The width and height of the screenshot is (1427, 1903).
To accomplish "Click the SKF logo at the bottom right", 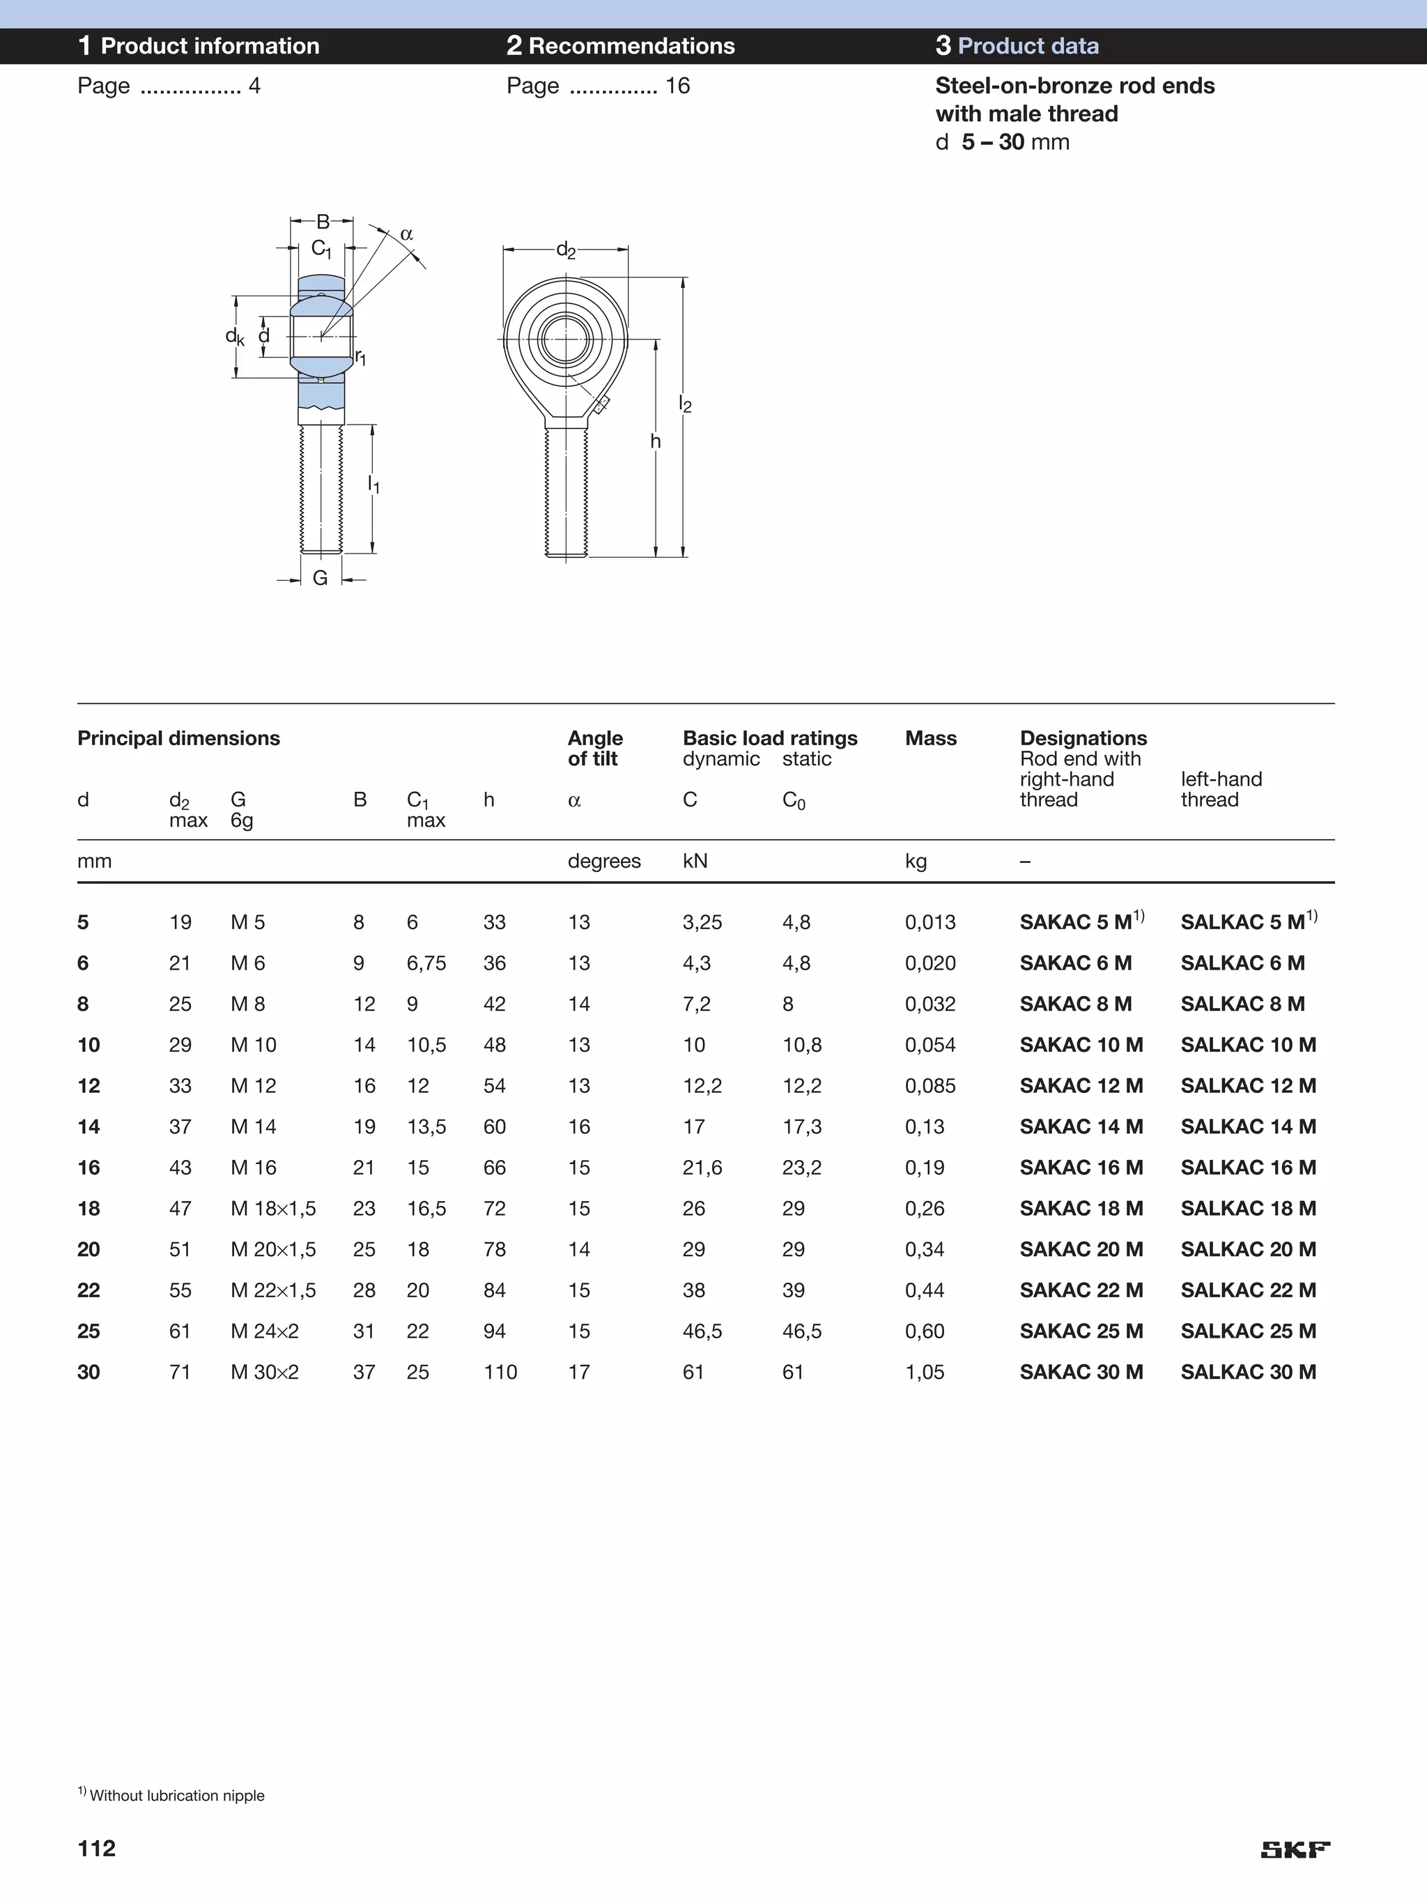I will click(x=1295, y=1849).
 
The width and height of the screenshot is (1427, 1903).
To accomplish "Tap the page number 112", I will click(x=96, y=1848).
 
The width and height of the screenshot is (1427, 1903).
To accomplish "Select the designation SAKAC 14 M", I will click(x=1081, y=1126).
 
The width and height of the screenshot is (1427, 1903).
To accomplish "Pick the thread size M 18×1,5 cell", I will click(x=272, y=1208).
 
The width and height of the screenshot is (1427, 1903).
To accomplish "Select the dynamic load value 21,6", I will click(x=702, y=1168).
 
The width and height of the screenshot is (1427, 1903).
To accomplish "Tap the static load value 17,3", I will click(x=802, y=1126).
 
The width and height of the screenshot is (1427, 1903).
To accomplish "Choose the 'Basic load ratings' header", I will click(x=770, y=737).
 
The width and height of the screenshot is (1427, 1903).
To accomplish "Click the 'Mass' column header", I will click(x=931, y=737).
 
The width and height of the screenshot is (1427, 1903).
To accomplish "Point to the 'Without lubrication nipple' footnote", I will click(x=176, y=1794).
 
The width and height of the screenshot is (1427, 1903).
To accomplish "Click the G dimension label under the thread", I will click(x=320, y=578).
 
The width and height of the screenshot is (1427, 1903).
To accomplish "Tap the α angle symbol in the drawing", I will click(x=407, y=234).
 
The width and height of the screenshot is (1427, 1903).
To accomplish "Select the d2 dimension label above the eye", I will click(x=565, y=250).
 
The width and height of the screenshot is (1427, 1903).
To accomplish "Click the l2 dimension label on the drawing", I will click(x=685, y=403).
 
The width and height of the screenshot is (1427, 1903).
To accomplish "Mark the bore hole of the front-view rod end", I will click(x=566, y=339).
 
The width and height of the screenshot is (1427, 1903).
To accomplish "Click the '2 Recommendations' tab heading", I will click(x=620, y=45).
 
